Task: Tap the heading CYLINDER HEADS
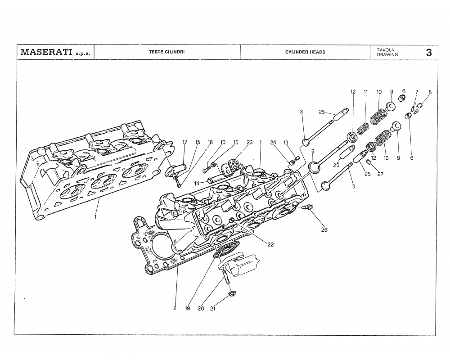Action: click(x=305, y=52)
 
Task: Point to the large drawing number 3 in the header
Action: click(x=429, y=52)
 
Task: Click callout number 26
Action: click(x=324, y=230)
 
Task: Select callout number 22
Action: click(x=270, y=245)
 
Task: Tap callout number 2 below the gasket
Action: click(x=175, y=308)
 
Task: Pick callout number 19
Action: click(x=187, y=308)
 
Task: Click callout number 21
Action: click(x=212, y=308)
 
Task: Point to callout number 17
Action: click(x=184, y=142)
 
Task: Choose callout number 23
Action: click(x=249, y=142)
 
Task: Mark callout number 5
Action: click(x=313, y=152)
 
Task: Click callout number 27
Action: click(x=380, y=175)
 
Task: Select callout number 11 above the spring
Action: click(x=365, y=92)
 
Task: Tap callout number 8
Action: click(x=430, y=92)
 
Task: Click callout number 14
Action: click(x=197, y=183)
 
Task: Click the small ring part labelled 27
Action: click(x=369, y=162)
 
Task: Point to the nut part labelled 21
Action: click(x=232, y=294)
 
